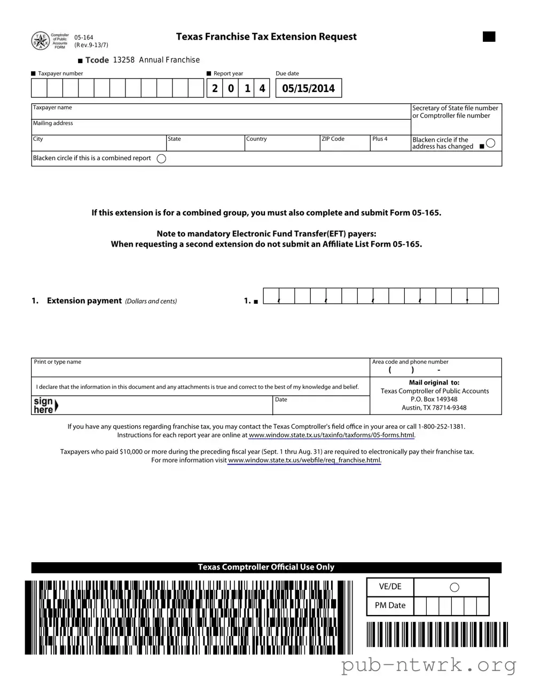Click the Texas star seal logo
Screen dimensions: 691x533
(41, 41)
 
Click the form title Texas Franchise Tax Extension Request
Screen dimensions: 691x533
(266, 37)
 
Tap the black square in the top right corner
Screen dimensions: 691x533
(489, 37)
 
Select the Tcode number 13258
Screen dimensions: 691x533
(124, 60)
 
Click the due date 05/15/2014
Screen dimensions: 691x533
(308, 89)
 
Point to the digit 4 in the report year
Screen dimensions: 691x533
(262, 89)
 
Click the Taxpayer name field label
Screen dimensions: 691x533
(52, 108)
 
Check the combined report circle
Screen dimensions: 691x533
(161, 159)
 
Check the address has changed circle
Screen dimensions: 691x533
(491, 143)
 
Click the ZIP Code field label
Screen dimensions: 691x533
(333, 139)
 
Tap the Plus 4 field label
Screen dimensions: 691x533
(380, 139)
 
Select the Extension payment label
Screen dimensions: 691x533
(84, 301)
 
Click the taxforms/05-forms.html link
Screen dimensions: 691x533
(332, 435)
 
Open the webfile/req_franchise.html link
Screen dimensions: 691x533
(304, 460)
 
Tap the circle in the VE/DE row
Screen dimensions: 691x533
(454, 587)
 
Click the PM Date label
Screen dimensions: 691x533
(390, 605)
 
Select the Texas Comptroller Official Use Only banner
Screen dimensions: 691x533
(266, 567)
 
